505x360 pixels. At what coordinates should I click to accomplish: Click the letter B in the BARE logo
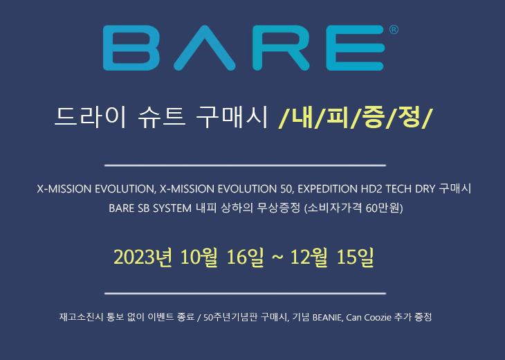(131, 48)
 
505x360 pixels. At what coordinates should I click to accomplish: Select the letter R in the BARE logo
(281, 48)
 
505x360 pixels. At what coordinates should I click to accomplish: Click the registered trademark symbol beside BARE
(394, 30)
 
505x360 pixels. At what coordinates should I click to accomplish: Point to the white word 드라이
(90, 117)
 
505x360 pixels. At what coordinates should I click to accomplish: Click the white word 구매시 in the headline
(232, 117)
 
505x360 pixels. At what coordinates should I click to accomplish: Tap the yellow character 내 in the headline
(302, 117)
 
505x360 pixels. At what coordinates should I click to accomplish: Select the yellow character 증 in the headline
(374, 117)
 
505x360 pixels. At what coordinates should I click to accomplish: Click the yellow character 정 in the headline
(409, 117)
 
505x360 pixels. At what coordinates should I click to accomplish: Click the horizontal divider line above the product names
(245, 165)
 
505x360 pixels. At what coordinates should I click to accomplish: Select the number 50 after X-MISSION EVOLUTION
(286, 189)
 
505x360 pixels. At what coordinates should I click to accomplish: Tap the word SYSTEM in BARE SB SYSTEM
(172, 208)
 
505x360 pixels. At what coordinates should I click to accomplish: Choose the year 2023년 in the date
(143, 258)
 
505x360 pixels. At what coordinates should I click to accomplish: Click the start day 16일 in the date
(245, 258)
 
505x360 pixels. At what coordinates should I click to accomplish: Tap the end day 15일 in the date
(355, 258)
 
